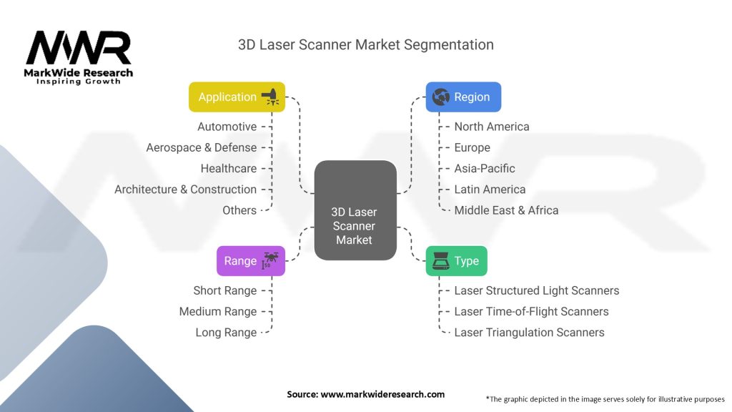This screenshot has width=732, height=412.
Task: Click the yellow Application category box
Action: pos(237,97)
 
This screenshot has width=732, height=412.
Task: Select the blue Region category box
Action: pos(463,97)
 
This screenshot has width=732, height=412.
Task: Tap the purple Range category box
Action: pos(250,261)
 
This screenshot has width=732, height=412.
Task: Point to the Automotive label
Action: pos(227,127)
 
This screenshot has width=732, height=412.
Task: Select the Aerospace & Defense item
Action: pos(201,147)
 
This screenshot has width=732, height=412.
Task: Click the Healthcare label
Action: pos(228,168)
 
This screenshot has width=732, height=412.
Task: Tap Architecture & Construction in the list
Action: pos(185,190)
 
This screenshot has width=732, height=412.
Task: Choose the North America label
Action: pos(492,127)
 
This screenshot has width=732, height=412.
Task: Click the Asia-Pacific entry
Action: pos(485,169)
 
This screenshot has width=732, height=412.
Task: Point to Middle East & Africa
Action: pos(506,210)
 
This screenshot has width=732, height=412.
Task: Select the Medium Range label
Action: pos(217,312)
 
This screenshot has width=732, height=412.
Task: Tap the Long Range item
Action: pos(226,333)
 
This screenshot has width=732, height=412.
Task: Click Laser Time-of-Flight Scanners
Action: pos(531,312)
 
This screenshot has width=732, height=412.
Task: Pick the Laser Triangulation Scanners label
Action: pos(529,333)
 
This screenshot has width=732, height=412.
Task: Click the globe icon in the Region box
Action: pos(440,97)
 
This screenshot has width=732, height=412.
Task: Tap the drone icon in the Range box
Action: pos(271,260)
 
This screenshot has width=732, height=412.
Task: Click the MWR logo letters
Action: pos(79,49)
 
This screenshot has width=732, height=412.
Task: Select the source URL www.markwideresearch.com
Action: pos(382,394)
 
